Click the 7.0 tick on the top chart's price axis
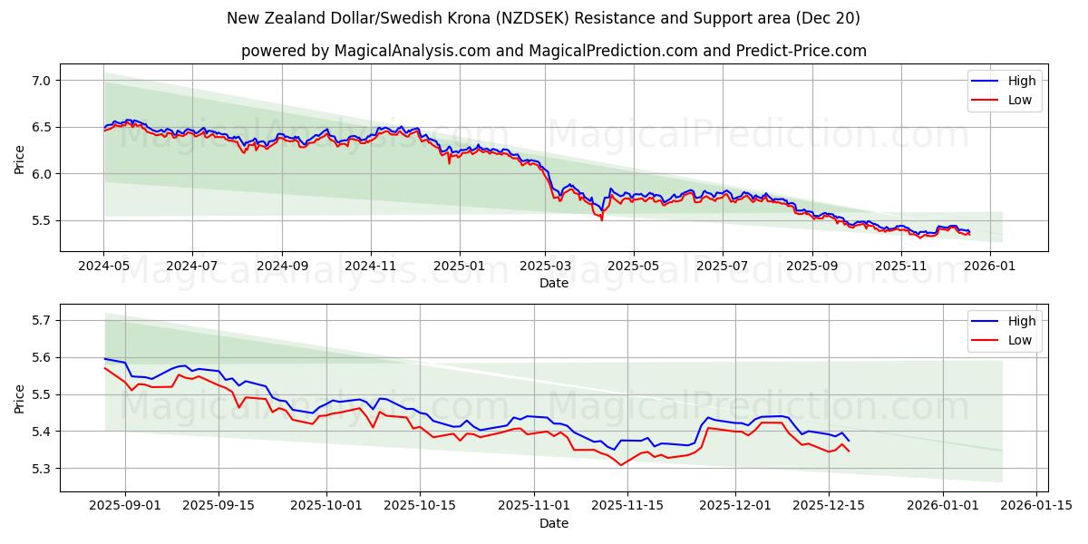[x=40, y=81]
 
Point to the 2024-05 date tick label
[x=103, y=267]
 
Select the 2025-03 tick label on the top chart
[x=546, y=267]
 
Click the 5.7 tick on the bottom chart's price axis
[x=40, y=320]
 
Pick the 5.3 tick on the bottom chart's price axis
[x=40, y=469]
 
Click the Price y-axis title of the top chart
[x=19, y=158]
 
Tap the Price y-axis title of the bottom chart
[x=19, y=398]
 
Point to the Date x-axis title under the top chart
[x=553, y=283]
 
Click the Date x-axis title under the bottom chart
[x=553, y=523]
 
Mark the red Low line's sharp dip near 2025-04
[x=601, y=219]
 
